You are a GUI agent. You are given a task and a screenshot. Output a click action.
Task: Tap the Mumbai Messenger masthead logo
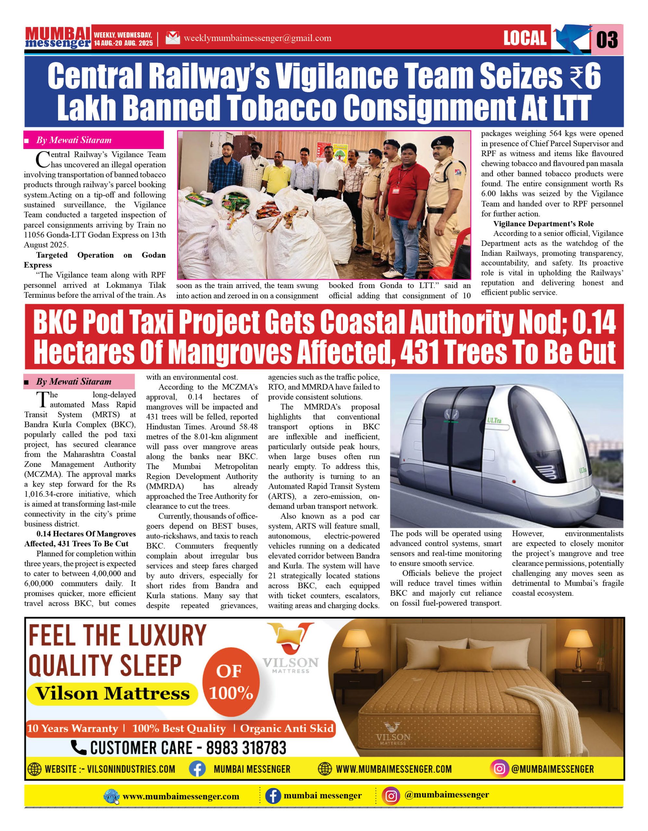(58, 38)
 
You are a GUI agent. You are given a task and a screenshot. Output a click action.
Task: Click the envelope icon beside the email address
(173, 38)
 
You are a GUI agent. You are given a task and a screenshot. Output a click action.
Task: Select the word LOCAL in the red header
(525, 38)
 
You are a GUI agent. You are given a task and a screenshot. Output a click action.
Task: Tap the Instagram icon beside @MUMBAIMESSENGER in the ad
(500, 769)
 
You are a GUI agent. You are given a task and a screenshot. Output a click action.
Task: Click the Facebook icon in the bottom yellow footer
(273, 796)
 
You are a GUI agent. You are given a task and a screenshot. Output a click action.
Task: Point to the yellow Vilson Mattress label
(112, 693)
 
